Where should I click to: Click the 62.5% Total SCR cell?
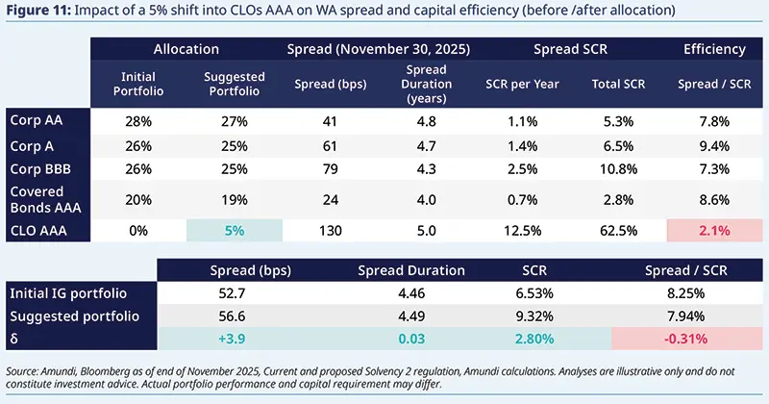(x=614, y=232)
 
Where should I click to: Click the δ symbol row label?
(x=13, y=340)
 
